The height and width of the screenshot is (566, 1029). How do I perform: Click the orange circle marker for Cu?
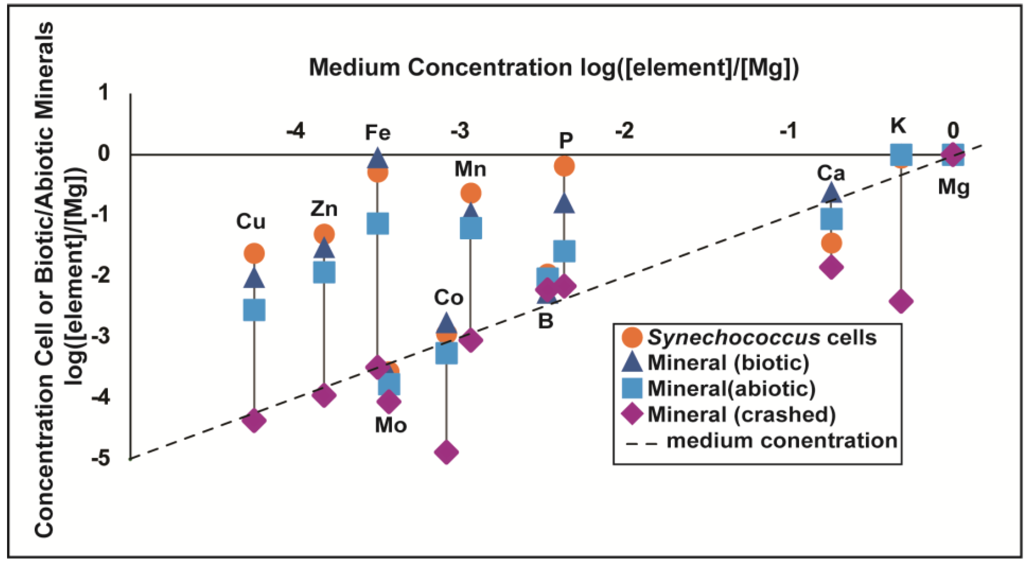coord(254,253)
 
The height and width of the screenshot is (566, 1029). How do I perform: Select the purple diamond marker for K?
coord(900,301)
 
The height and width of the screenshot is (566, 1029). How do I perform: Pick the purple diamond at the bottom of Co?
coord(446,452)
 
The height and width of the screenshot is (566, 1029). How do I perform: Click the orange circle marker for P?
coord(564,166)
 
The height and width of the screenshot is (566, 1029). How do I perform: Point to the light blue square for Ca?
coord(831,219)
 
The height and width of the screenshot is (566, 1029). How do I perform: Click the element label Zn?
coord(324,209)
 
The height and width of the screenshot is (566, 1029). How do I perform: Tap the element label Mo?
coord(391,426)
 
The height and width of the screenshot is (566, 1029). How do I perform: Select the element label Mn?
coord(470,169)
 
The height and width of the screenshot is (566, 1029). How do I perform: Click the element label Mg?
coord(953,187)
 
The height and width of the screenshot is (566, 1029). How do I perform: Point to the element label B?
coord(546,321)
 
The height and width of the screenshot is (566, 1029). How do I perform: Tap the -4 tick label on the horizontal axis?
coord(296,131)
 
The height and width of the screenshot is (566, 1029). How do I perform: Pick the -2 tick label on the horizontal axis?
coord(624,131)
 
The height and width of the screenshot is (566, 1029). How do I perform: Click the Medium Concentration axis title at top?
coord(554,67)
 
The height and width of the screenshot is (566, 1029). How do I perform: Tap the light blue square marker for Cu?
coord(254,310)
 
